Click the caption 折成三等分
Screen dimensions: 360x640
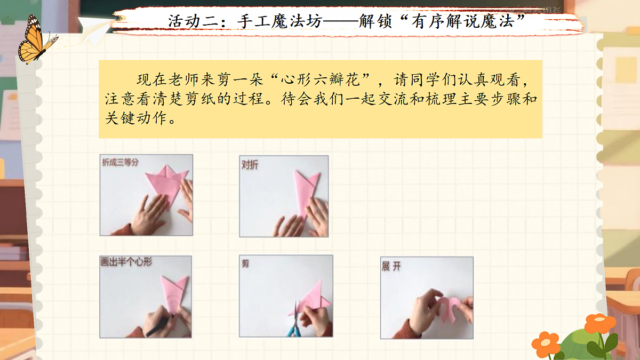(x=120, y=162)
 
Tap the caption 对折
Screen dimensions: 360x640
(x=250, y=165)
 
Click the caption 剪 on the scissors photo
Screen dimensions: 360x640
(x=245, y=263)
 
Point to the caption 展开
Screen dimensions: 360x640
(x=390, y=266)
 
